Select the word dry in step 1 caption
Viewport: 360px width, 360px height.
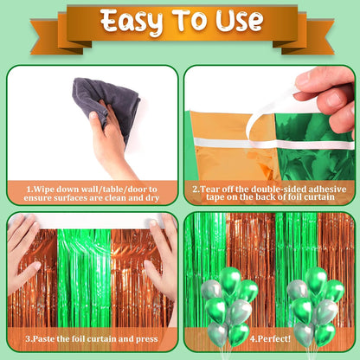click(x=151, y=198)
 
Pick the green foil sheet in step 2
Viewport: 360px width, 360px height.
click(x=314, y=150)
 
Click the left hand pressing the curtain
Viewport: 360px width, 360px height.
click(x=23, y=254)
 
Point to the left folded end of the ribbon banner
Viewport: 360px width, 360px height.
click(x=56, y=36)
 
